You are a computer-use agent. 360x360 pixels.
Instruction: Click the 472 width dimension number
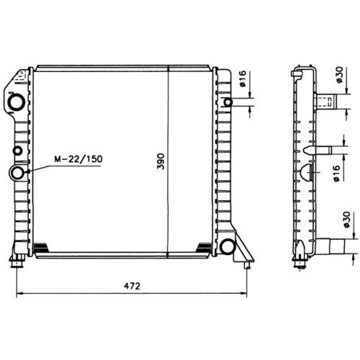pos(132,286)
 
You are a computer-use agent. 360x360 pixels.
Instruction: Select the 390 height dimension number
pos(161,161)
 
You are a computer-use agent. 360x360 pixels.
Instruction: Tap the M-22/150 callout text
pos(78,159)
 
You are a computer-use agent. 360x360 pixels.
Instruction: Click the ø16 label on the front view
pos(243,78)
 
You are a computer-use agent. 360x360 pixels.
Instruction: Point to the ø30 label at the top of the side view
pos(340,75)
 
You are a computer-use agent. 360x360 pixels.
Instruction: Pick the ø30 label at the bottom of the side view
pos(347,220)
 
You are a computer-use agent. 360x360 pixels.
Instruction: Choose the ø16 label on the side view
pos(336,174)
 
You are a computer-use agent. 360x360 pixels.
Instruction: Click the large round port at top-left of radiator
pos(17,102)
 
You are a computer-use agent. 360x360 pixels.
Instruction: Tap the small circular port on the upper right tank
pos(228,102)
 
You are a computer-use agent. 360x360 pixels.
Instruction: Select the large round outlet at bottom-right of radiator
pos(227,247)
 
